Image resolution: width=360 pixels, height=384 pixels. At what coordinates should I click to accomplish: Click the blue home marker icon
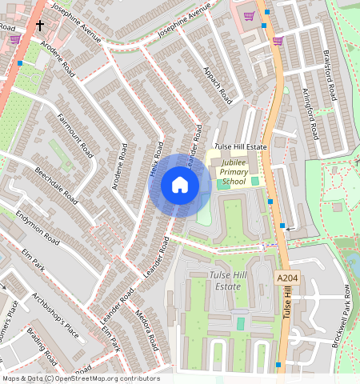pos(180,186)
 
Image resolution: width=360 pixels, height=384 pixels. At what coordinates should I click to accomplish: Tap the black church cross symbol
pos(39,26)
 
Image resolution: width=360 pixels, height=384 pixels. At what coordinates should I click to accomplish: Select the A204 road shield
pos(288,278)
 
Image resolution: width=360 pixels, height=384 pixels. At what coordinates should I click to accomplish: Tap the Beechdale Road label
pos(56,185)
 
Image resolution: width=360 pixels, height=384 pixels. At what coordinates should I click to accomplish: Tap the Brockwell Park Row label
pos(342,315)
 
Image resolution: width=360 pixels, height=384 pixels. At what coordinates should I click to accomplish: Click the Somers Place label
pos(10,318)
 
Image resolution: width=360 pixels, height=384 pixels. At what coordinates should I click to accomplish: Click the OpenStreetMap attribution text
pos(80,378)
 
